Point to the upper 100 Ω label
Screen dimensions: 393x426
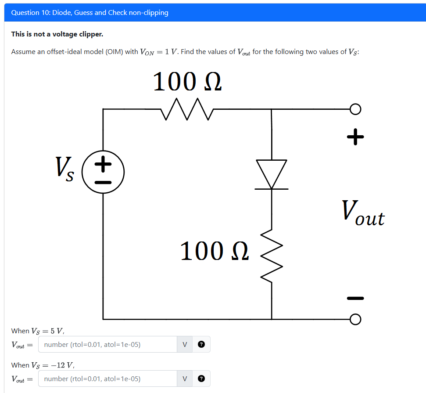click(187, 82)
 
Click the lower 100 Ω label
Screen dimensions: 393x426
click(215, 251)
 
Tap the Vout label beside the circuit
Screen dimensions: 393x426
click(363, 214)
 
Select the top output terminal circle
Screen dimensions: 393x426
click(355, 109)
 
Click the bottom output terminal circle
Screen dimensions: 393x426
click(355, 319)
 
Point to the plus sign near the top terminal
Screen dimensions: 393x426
click(355, 137)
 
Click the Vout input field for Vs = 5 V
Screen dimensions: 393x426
click(107, 345)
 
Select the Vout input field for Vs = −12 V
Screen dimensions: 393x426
click(107, 379)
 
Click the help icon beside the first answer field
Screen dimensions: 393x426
click(201, 345)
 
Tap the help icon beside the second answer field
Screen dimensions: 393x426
click(201, 379)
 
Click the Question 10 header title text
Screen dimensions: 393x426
click(89, 13)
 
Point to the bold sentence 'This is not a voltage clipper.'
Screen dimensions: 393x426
click(57, 34)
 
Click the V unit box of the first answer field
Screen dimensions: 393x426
click(185, 345)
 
